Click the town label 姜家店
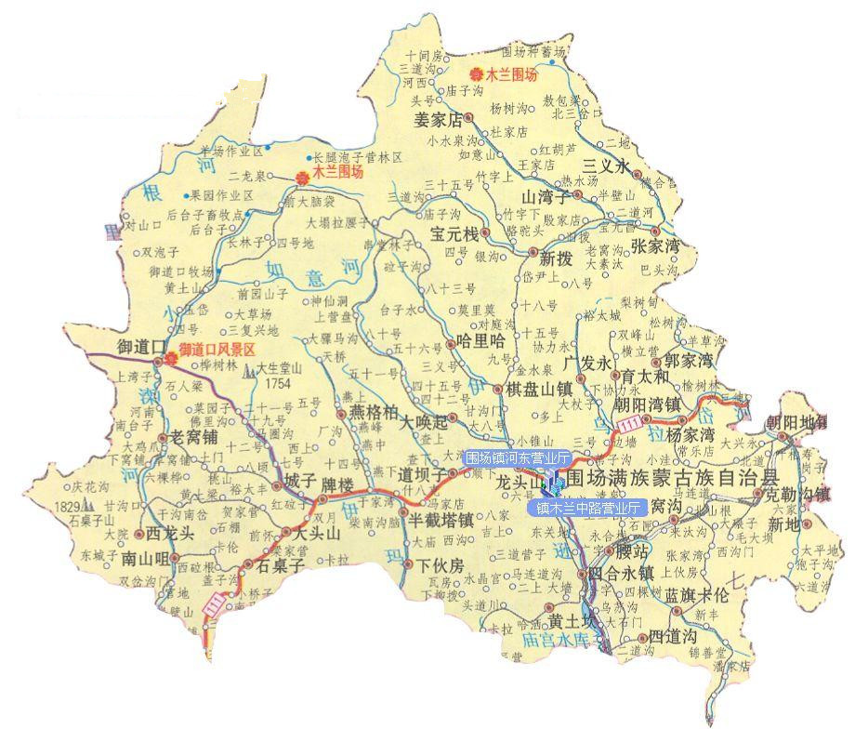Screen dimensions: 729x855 [439, 120]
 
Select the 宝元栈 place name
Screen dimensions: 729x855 [453, 233]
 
